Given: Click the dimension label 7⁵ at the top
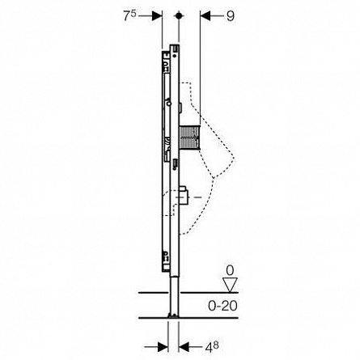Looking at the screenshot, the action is pyautogui.click(x=129, y=15).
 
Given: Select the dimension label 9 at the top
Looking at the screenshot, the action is pyautogui.click(x=231, y=16).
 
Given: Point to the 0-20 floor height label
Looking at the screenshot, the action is pyautogui.click(x=222, y=306).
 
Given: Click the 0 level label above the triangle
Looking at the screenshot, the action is pyautogui.click(x=230, y=270).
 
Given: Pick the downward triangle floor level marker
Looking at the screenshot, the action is pyautogui.click(x=230, y=285).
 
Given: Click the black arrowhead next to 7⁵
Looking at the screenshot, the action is pyautogui.click(x=157, y=15).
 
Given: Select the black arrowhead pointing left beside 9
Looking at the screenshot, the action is pyautogui.click(x=205, y=16).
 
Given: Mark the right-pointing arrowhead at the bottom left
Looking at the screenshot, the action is pyautogui.click(x=163, y=347).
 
